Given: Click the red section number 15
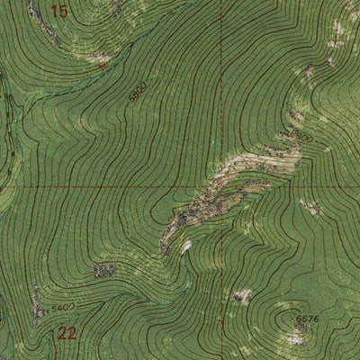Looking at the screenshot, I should (59, 12).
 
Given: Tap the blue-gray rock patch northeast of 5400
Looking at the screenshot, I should (104, 269).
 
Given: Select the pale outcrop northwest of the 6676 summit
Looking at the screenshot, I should (241, 295).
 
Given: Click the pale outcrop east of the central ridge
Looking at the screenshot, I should (310, 206).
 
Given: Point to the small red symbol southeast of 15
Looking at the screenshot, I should (105, 65).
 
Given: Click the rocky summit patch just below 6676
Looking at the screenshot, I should (297, 337).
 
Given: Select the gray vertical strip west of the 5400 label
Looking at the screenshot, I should (37, 306).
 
